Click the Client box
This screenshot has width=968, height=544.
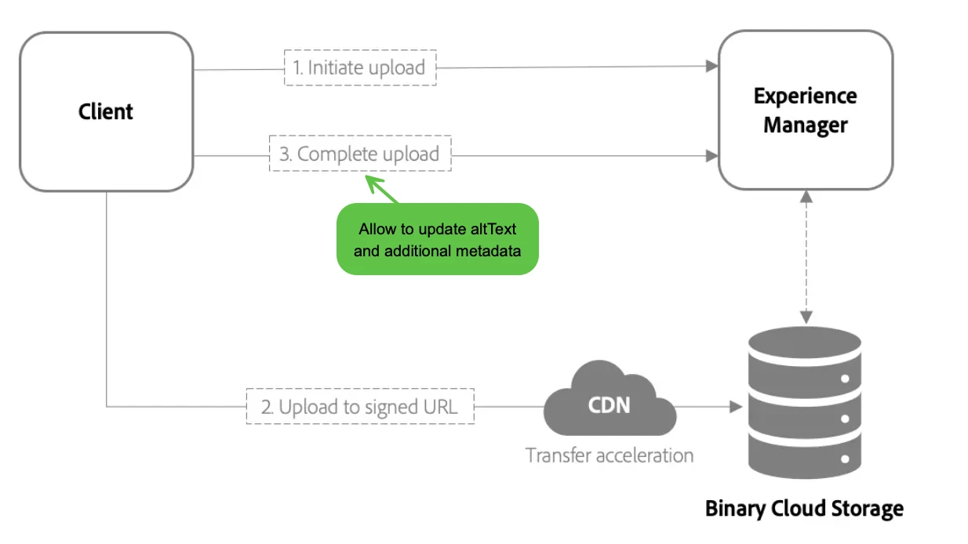(106, 111)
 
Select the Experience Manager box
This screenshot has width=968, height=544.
(806, 110)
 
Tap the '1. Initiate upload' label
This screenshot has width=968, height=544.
(359, 67)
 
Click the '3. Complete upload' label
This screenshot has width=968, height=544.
(360, 154)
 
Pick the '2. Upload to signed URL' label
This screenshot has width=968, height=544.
(360, 407)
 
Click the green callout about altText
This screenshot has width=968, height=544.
(438, 240)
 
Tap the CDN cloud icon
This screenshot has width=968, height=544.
(610, 404)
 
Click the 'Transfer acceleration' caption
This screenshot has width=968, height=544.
(610, 455)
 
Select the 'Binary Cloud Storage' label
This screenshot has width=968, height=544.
(804, 509)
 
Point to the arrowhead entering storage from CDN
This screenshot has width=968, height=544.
(735, 407)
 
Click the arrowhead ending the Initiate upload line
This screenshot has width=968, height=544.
(711, 67)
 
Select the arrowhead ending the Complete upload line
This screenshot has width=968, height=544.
(711, 154)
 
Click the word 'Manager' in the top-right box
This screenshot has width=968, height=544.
(806, 125)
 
